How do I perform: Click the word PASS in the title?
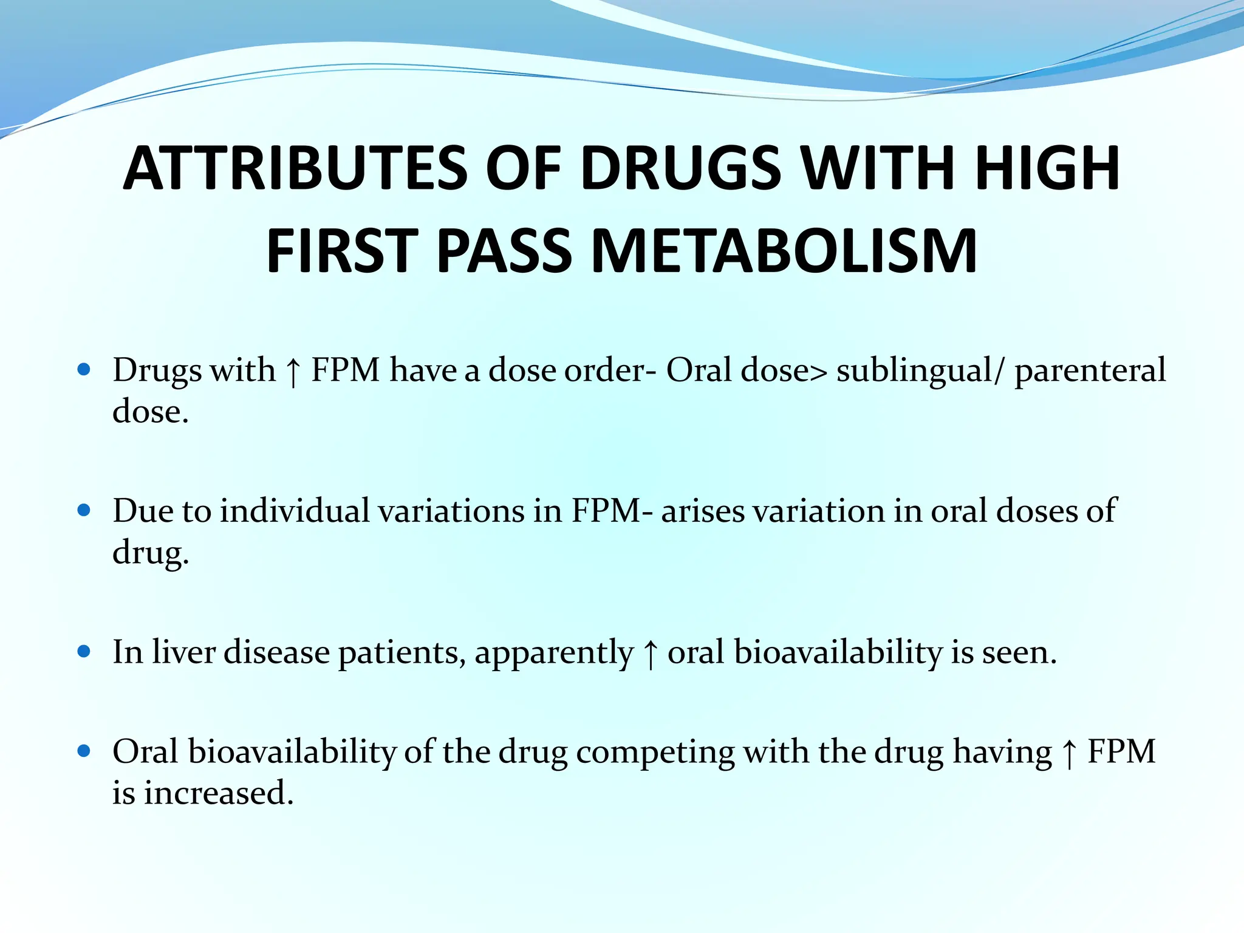pos(504,251)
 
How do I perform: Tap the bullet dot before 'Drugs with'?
pos(84,369)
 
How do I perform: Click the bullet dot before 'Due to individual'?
pos(84,510)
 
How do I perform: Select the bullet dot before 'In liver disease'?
pos(84,652)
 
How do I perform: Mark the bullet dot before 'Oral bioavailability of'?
pos(84,751)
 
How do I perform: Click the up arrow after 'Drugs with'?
pos(293,371)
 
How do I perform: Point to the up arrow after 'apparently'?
pos(650,654)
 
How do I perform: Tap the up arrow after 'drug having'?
pos(1069,753)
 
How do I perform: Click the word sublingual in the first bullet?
pos(914,371)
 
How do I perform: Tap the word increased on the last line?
pos(219,793)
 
